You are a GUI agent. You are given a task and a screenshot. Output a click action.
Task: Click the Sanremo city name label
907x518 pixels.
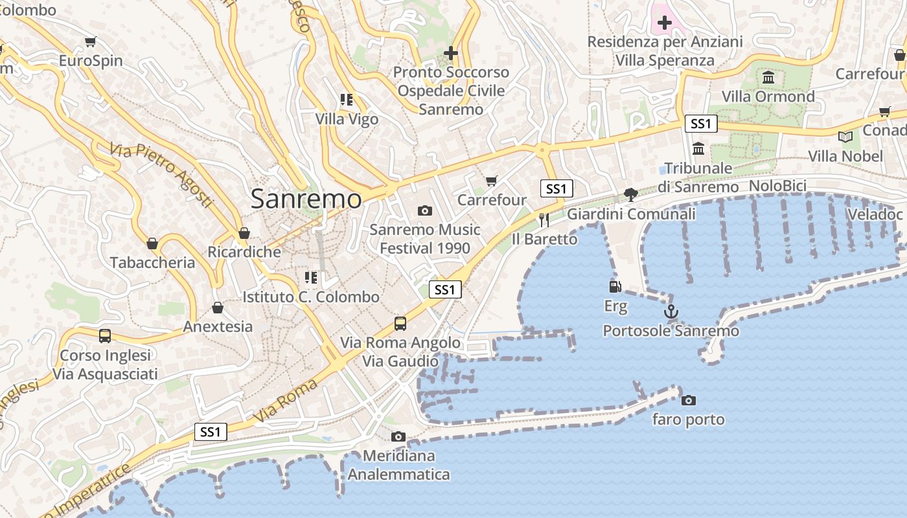click(306, 199)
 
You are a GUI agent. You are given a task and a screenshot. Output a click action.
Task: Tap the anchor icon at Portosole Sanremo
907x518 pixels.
click(671, 311)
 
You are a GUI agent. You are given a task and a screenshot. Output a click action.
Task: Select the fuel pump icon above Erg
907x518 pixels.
click(615, 286)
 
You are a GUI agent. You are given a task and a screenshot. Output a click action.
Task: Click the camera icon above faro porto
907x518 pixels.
click(688, 400)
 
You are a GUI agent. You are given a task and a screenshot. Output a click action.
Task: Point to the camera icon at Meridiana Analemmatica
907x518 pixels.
click(398, 436)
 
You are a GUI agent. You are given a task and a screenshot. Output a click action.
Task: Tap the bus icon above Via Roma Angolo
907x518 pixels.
click(400, 323)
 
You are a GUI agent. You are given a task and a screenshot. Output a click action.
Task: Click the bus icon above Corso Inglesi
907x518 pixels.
click(105, 335)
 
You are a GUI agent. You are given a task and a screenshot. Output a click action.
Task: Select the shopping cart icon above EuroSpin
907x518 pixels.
click(90, 41)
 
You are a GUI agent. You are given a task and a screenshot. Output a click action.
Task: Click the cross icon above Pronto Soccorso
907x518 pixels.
click(451, 52)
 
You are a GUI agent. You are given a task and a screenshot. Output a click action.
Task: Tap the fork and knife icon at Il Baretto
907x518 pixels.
click(544, 220)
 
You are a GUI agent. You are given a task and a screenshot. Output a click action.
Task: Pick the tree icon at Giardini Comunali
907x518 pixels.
click(630, 194)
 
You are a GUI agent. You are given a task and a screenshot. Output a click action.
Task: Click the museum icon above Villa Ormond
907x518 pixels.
click(768, 78)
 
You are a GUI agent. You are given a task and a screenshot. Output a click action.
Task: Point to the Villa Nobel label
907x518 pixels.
click(845, 156)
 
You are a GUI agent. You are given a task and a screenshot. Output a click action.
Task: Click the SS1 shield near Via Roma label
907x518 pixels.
click(211, 432)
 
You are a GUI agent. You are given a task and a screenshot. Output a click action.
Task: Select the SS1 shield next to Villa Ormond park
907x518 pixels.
click(701, 124)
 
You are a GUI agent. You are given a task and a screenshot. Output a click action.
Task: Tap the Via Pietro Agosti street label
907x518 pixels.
click(161, 175)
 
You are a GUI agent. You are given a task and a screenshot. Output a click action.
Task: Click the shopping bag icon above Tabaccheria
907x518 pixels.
click(152, 243)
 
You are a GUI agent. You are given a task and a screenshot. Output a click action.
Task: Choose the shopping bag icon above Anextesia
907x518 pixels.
click(218, 307)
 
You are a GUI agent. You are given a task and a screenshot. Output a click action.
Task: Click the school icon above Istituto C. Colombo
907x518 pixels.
click(311, 278)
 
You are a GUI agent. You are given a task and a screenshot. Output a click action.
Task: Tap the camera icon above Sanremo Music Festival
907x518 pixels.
click(425, 210)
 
